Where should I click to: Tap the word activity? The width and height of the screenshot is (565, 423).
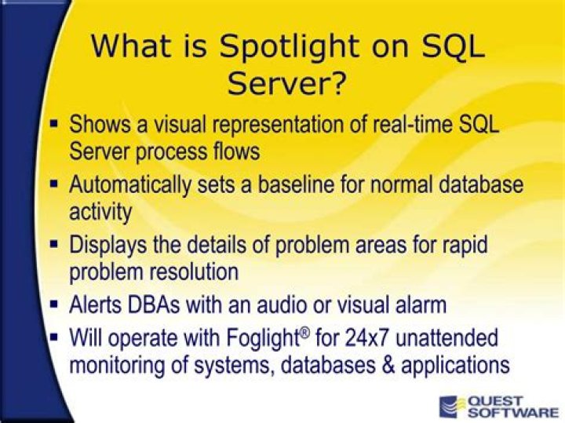[x=100, y=211]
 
